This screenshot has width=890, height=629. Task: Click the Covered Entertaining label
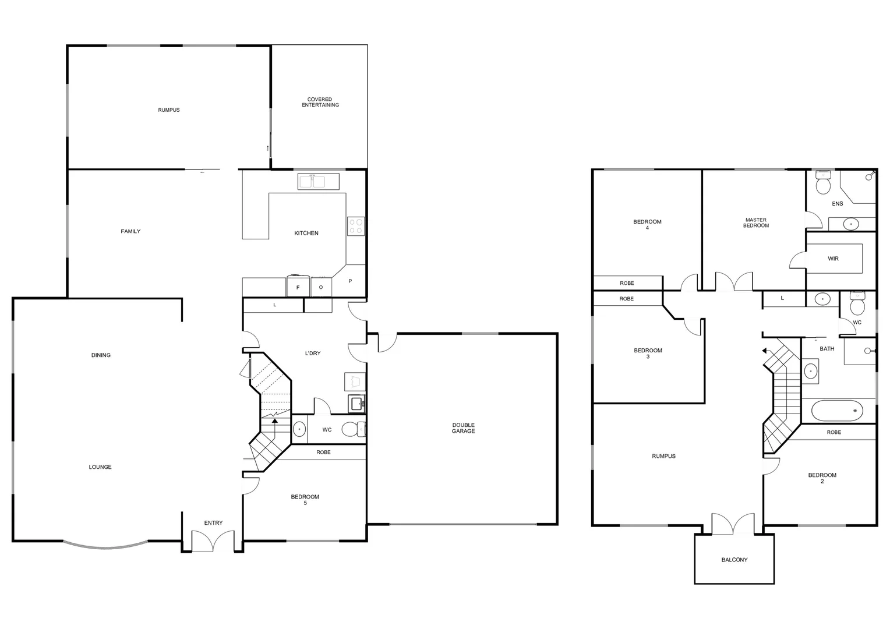click(320, 102)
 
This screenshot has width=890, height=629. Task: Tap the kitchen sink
click(312, 181)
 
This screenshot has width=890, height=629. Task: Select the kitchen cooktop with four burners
click(356, 226)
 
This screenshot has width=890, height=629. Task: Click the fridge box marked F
click(298, 287)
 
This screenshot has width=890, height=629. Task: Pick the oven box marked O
click(321, 287)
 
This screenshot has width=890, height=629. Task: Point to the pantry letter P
click(350, 281)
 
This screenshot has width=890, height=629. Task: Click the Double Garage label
click(463, 428)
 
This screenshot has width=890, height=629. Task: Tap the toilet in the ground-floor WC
click(352, 430)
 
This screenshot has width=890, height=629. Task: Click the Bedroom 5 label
click(305, 500)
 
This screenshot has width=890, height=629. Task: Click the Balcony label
click(734, 560)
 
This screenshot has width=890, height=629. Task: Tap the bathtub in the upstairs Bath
click(838, 411)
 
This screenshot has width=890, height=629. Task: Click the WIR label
click(833, 259)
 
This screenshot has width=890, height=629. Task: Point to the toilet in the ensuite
click(823, 183)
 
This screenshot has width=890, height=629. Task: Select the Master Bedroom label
click(755, 222)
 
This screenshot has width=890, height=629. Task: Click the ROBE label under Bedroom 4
click(627, 283)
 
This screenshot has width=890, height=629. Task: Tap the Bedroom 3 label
click(648, 354)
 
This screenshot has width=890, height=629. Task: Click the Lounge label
click(100, 467)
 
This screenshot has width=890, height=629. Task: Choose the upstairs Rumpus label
click(663, 456)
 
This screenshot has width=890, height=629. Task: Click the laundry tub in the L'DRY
click(355, 402)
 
